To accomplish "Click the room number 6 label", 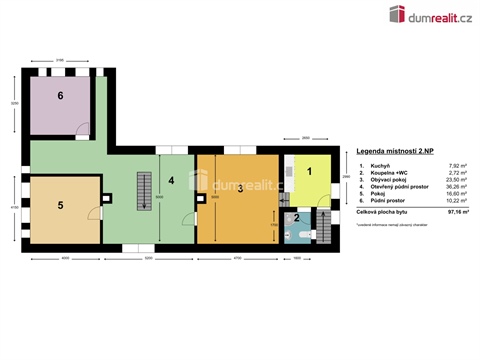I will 60,97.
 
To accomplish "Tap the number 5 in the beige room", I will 60,205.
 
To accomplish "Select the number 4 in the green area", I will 171,181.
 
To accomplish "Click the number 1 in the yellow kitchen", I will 309,172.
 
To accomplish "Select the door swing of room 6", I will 85,127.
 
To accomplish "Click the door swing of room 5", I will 93,213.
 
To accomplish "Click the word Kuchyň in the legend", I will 379,165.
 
